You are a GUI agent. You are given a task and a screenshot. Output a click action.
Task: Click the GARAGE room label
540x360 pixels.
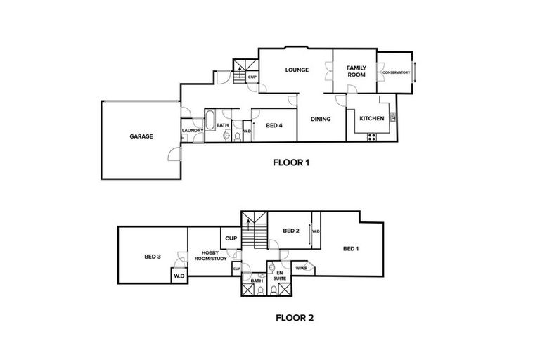pyautogui.click(x=141, y=136)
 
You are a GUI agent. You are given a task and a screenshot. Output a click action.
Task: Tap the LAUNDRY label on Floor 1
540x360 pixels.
pyautogui.click(x=192, y=131)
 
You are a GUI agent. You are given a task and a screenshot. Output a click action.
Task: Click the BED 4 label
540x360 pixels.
pyautogui.click(x=274, y=126)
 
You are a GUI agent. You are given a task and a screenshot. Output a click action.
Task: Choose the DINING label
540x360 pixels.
pyautogui.click(x=321, y=120)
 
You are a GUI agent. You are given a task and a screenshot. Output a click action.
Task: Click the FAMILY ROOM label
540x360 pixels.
pyautogui.click(x=356, y=70)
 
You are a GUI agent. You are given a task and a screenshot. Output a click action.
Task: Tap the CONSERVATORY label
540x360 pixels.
pyautogui.click(x=396, y=72)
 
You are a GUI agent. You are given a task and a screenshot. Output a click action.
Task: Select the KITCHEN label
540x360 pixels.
pyautogui.click(x=372, y=118)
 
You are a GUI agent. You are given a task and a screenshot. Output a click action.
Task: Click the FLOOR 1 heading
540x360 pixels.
pyautogui.click(x=291, y=162)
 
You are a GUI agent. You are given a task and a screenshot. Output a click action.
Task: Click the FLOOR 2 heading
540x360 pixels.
pyautogui.click(x=294, y=317)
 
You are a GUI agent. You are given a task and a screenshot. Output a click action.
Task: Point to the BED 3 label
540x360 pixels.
pyautogui.click(x=153, y=257)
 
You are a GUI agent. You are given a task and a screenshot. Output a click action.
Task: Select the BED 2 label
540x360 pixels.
pyautogui.click(x=291, y=231)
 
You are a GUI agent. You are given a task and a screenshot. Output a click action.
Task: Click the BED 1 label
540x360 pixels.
pyautogui.click(x=351, y=248)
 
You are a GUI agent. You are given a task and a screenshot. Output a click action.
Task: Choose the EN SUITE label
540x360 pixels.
pyautogui.click(x=280, y=275)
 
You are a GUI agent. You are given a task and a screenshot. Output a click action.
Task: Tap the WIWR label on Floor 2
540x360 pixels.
pyautogui.click(x=301, y=268)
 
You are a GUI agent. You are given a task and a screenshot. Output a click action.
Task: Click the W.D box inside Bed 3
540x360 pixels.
pyautogui.click(x=179, y=276)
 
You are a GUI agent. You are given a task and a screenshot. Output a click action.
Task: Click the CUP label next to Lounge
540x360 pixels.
pyautogui.click(x=252, y=76)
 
